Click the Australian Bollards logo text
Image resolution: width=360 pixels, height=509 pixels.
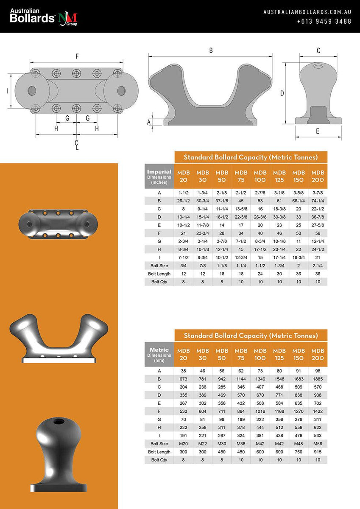click(33, 16)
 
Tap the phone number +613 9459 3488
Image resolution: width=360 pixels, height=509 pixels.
click(324, 21)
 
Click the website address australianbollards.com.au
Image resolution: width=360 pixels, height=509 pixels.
click(307, 12)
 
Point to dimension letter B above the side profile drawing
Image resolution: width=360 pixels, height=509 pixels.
click(211, 50)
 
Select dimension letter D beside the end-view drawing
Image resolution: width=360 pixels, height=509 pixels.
click(282, 93)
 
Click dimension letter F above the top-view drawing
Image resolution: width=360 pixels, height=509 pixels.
click(77, 56)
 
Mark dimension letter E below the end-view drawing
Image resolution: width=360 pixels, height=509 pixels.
click(318, 131)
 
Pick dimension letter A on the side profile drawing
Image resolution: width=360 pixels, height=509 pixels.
click(149, 122)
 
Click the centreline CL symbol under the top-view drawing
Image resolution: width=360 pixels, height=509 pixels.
click(77, 145)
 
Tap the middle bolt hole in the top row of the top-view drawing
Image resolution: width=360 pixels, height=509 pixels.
click(76, 72)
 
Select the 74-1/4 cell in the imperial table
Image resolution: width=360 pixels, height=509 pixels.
click(318, 201)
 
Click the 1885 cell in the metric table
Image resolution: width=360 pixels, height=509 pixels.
click(318, 378)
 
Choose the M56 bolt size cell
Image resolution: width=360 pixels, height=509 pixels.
click(318, 444)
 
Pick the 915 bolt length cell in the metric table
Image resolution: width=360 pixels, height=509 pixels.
click(318, 452)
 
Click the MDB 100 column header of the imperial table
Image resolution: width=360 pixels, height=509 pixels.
click(260, 176)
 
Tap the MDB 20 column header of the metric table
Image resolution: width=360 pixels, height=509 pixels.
click(184, 354)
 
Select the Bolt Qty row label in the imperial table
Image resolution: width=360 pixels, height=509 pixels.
click(159, 282)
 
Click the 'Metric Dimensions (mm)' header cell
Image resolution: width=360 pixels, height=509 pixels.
click(159, 354)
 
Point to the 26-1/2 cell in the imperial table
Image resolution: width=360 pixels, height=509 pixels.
click(184, 201)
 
